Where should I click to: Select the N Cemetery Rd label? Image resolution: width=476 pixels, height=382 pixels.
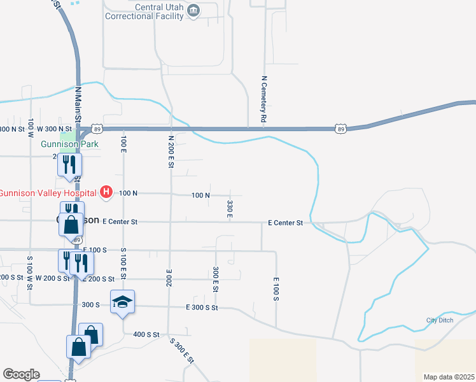pyautogui.click(x=263, y=100)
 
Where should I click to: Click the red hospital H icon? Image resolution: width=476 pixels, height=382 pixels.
pyautogui.click(x=107, y=192)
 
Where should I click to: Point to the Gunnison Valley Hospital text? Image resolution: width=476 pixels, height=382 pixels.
pyautogui.click(x=48, y=193)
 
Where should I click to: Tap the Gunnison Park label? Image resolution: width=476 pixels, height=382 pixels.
pyautogui.click(x=69, y=144)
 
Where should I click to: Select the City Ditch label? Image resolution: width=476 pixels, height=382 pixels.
pyautogui.click(x=440, y=320)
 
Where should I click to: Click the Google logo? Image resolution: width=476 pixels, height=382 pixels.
pyautogui.click(x=21, y=374)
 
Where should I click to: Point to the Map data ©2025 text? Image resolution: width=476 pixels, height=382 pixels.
pyautogui.click(x=449, y=377)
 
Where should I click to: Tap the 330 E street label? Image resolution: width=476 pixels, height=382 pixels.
pyautogui.click(x=229, y=209)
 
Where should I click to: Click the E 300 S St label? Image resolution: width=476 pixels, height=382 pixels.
pyautogui.click(x=202, y=308)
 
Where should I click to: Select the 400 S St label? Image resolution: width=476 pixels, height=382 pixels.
pyautogui.click(x=146, y=334)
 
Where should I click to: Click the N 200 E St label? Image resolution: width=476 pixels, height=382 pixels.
pyautogui.click(x=171, y=151)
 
